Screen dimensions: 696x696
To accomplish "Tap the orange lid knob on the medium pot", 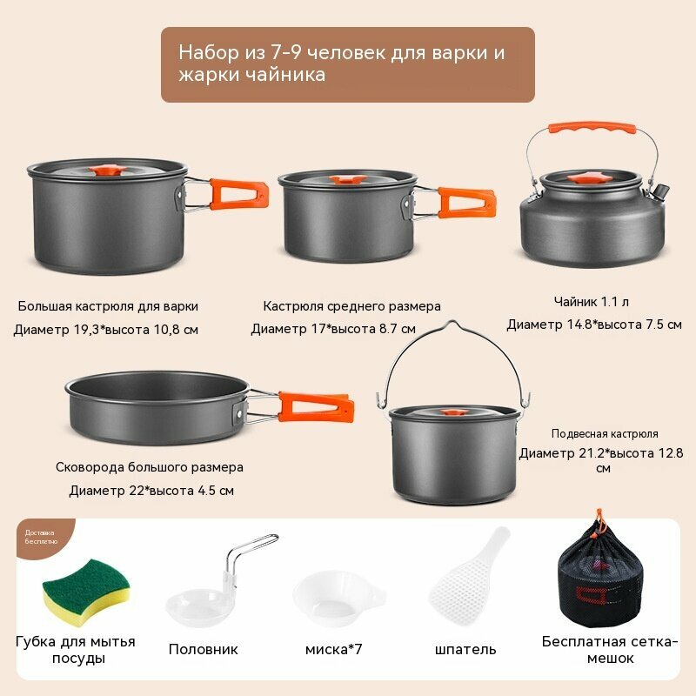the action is tap(348, 180).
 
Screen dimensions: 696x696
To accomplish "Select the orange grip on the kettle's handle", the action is tap(592, 128).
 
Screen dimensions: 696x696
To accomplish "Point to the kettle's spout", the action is tap(661, 191).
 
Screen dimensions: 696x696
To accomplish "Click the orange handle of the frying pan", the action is tap(316, 407).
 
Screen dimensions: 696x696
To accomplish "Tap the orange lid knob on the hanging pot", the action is tap(452, 412).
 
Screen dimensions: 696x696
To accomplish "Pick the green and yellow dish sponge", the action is tap(86, 592).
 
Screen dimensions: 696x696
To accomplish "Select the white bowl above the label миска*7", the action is tap(338, 598).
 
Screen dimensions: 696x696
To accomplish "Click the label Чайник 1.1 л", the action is tap(592, 302).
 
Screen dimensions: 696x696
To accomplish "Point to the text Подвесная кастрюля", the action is tap(605, 433).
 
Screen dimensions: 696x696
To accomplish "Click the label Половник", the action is tap(204, 649).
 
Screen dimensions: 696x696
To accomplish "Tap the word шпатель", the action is tap(465, 649).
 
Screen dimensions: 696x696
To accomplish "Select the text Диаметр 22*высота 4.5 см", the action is tap(151, 491).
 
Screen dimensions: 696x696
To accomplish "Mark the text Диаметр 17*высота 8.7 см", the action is tap(333, 329).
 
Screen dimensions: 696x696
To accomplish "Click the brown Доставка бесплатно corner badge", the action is tap(43, 537).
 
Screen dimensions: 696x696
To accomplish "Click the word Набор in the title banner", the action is tap(209, 52).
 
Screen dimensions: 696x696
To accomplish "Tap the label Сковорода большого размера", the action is tap(150, 467).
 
